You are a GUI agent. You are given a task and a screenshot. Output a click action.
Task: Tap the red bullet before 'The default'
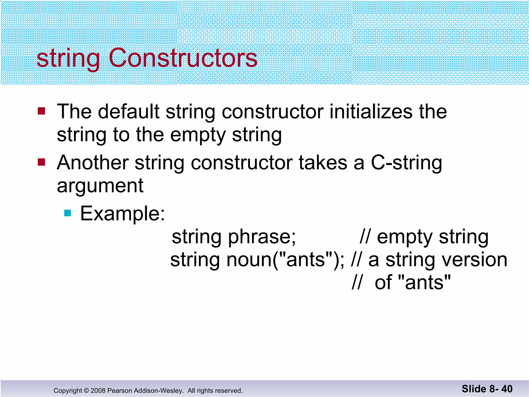(x=41, y=111)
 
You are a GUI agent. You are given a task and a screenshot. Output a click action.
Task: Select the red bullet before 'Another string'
(x=41, y=162)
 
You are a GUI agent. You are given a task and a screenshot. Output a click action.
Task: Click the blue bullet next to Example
(x=67, y=213)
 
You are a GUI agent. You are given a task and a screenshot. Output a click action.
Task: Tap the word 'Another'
(x=93, y=163)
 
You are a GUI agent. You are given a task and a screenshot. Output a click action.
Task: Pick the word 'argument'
(x=100, y=186)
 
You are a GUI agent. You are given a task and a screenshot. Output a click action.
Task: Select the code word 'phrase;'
(x=262, y=237)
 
